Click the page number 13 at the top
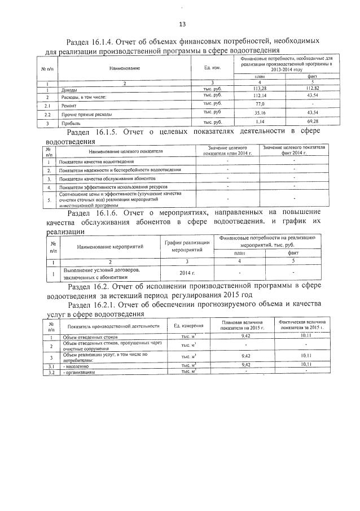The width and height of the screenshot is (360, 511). coord(182,24)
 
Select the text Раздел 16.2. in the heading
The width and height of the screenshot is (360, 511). coord(90,287)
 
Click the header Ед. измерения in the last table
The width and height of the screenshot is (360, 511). coord(188,326)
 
